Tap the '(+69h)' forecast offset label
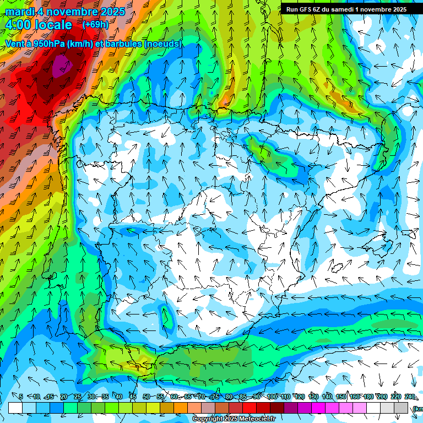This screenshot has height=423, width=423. click(x=95, y=25)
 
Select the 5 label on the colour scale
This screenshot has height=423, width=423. click(x=21, y=397)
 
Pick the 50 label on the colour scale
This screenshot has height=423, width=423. click(x=146, y=397)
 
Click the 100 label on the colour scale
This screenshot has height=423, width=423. click(x=272, y=397)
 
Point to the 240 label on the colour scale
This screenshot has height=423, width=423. click(x=410, y=397)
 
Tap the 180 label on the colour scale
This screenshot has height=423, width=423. click(x=368, y=397)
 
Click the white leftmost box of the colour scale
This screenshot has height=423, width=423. click(x=15, y=408)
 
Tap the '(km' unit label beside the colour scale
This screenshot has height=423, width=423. click(x=417, y=408)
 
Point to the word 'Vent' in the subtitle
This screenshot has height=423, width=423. click(x=15, y=44)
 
